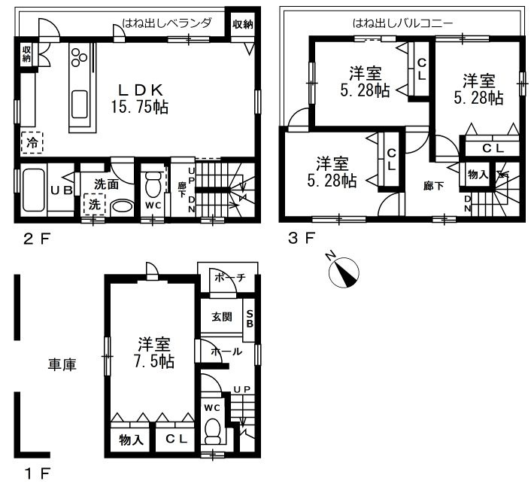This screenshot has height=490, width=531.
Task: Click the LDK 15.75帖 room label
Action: [140, 99]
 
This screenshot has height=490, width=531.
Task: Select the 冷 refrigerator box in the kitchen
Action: [32, 143]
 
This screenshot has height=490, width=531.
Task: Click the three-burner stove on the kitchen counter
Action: [79, 56]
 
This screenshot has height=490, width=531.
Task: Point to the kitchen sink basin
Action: [80, 104]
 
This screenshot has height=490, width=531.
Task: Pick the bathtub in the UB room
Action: [34, 190]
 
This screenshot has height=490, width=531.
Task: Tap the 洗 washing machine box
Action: [95, 204]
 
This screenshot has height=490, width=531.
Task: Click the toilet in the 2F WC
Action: [153, 184]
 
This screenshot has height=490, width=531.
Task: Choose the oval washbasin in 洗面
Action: [123, 207]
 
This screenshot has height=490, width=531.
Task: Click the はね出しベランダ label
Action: [167, 23]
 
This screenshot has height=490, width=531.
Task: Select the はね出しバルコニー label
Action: [402, 23]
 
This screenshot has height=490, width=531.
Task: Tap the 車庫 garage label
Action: [62, 364]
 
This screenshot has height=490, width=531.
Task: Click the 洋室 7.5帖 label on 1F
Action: [153, 353]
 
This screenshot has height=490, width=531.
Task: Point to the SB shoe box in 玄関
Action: [249, 319]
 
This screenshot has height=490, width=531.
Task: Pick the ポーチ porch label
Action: [229, 278]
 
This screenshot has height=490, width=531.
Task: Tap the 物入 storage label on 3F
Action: [478, 175]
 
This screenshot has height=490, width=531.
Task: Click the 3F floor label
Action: [301, 239]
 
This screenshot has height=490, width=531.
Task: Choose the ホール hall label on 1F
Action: [226, 352]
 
